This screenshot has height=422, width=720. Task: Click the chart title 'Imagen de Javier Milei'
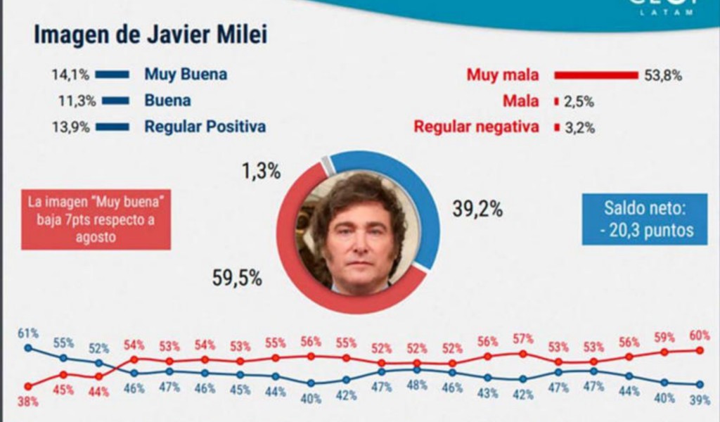coord(150,35)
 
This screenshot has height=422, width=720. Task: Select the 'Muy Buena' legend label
coord(186,74)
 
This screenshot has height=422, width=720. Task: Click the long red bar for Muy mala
coord(596,75)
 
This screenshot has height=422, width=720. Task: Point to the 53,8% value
coord(662,75)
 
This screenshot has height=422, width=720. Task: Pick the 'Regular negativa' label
coord(476,127)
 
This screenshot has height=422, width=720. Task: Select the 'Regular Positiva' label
coord(205,127)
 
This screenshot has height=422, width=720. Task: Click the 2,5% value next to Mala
coord(579,101)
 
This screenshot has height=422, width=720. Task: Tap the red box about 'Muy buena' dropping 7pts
coord(96,219)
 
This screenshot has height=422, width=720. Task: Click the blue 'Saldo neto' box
coord(644,219)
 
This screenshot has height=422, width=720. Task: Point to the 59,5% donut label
coord(237,278)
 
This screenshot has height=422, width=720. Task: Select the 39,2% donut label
coord(477,209)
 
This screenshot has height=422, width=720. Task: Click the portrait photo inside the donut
coord(358,232)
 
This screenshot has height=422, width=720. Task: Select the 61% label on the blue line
coord(28,333)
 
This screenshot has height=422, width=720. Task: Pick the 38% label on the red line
coord(28,402)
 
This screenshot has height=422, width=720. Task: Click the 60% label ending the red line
coord(699,334)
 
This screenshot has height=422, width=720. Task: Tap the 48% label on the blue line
coord(416,385)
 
